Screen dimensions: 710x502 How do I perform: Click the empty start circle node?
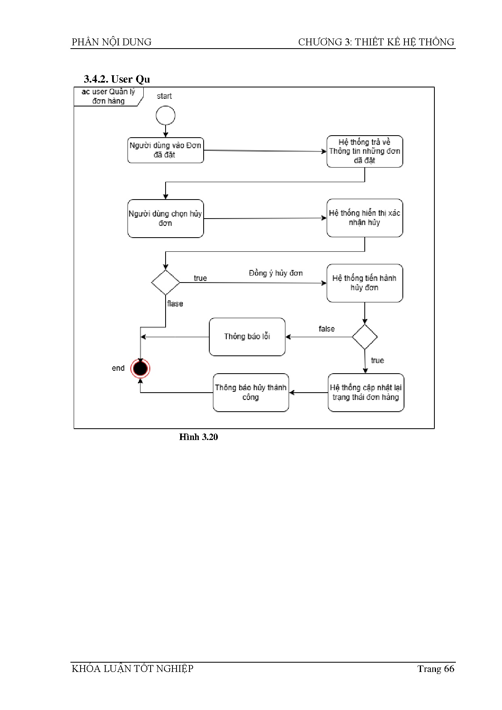pos(166,116)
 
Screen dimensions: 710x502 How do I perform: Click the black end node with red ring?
pos(140,368)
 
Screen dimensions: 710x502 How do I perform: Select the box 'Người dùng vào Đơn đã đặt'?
pos(165,150)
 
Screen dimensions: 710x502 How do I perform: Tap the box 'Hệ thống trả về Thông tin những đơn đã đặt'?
pos(364,151)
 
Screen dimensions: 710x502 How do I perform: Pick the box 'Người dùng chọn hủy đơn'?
pos(165,219)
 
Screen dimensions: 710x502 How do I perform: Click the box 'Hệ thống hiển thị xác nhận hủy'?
pos(364,218)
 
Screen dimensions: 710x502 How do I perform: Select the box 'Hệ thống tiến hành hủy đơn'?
pos(364,283)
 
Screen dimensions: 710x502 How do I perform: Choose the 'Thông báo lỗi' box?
pos(247,337)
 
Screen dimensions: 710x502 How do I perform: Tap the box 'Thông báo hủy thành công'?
pos(251,393)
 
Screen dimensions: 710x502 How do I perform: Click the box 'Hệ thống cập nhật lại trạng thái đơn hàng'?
pos(366,393)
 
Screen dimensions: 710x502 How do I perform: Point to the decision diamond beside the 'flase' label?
pos(166,283)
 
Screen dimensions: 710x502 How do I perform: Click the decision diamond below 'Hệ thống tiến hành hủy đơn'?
pos(365,337)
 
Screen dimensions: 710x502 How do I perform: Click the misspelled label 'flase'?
pos(175,304)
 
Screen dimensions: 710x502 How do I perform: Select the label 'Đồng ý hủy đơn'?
pos(276,273)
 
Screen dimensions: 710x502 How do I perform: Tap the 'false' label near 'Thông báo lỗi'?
pos(327,329)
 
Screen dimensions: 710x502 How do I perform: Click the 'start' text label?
pos(164,96)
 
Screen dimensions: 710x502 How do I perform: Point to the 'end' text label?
pos(118,368)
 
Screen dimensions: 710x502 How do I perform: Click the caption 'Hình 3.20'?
pos(198,437)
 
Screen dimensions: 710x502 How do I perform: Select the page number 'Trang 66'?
pos(436,669)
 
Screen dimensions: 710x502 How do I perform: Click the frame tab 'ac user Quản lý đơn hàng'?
pos(108,96)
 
